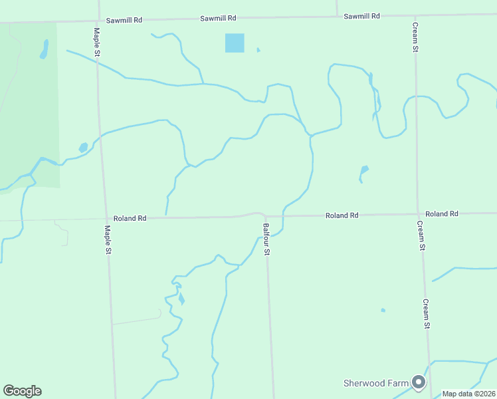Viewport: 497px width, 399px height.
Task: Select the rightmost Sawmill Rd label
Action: (361, 15)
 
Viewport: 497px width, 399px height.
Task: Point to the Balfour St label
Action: (266, 239)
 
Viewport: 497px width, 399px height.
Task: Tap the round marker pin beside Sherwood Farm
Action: (419, 382)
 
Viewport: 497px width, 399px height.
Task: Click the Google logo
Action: (22, 391)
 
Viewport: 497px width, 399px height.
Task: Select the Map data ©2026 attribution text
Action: (469, 394)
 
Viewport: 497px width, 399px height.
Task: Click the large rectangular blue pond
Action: (235, 43)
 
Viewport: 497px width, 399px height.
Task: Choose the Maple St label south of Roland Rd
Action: (108, 240)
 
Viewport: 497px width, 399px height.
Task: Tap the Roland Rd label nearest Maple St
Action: (130, 218)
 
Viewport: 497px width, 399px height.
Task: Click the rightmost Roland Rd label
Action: (442, 213)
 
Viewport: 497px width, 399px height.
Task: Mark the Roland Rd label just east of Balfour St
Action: (342, 215)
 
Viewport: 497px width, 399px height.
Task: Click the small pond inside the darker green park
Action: (45, 49)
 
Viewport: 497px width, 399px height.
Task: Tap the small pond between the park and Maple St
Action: (83, 147)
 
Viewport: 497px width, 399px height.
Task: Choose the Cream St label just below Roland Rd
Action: (421, 235)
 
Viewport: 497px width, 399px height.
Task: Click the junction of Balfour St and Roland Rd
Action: (266, 216)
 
